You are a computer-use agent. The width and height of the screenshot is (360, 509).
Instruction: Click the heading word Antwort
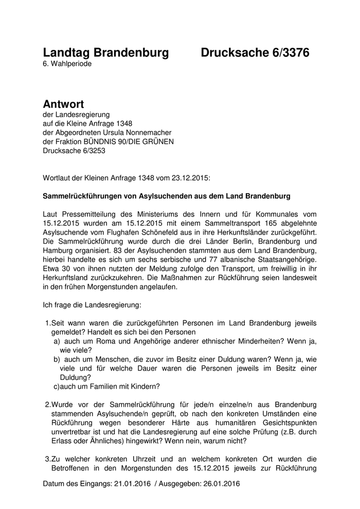pyautogui.click(x=63, y=105)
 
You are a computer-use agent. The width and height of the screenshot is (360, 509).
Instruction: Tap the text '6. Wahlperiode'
pyautogui.click(x=67, y=64)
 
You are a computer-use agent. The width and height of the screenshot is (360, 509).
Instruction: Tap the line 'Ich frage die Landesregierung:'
pyautogui.click(x=92, y=305)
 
